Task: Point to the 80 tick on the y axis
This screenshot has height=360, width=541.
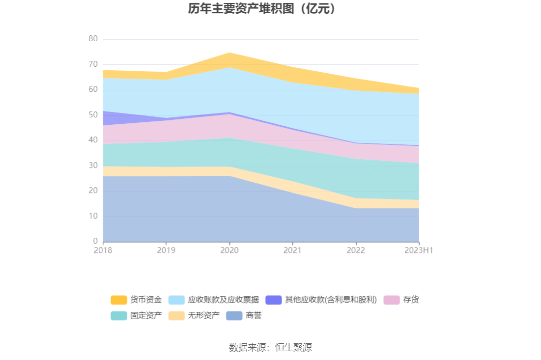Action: coord(93,39)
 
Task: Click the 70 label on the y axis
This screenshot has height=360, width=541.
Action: coord(93,64)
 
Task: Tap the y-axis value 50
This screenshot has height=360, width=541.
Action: coord(93,115)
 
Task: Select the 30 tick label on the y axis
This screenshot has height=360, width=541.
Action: coord(93,166)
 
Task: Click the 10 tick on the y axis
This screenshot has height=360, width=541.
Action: coord(93,216)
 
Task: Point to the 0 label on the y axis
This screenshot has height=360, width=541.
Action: coord(95,241)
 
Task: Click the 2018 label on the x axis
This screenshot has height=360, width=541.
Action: coord(103,250)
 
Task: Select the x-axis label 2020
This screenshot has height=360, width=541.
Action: coord(229,250)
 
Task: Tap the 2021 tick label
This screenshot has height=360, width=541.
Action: coord(292,250)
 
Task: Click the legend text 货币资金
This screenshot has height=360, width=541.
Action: coord(146,300)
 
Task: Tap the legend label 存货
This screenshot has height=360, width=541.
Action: coord(411,300)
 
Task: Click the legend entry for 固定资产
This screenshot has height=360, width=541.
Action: coord(146,315)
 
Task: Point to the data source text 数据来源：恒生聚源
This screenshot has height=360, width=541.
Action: coord(270,348)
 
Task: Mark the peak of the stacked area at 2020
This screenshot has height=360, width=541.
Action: coord(229,53)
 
